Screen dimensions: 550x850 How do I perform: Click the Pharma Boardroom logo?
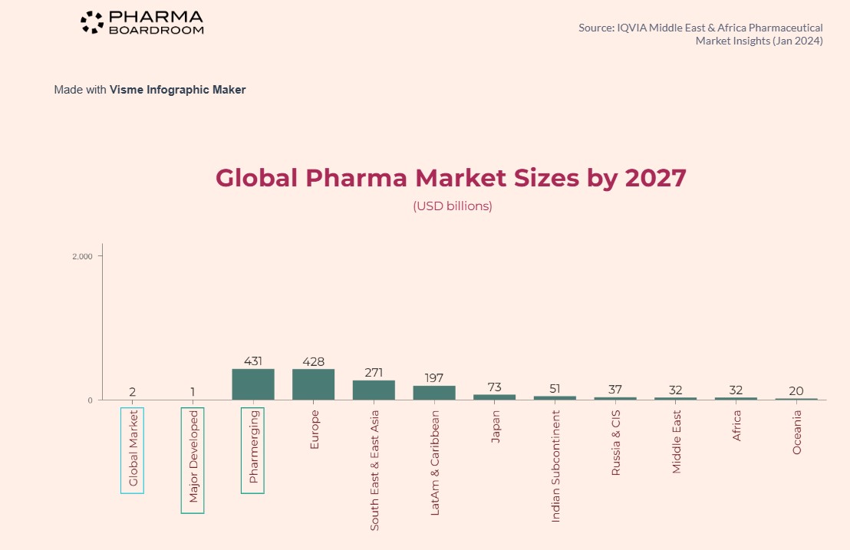[142, 22]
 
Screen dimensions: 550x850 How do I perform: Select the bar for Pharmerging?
[253, 384]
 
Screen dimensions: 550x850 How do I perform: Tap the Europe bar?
[313, 384]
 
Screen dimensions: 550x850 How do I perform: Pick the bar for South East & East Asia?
[374, 390]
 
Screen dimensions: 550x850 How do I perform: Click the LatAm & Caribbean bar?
[434, 393]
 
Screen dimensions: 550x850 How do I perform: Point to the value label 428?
[313, 361]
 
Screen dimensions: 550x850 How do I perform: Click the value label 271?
[374, 372]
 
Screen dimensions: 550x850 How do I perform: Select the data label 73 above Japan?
[494, 387]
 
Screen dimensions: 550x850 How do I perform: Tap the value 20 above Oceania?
[796, 391]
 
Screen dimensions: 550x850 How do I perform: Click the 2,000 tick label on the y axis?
[82, 256]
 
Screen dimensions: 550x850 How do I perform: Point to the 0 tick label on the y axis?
[90, 400]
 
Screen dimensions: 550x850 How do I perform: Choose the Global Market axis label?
[133, 450]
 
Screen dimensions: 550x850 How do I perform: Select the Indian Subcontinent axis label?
[555, 466]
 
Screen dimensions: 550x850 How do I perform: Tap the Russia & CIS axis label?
[615, 443]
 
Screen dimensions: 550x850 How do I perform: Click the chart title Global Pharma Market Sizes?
[450, 178]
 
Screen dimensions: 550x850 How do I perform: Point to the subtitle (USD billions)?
[453, 206]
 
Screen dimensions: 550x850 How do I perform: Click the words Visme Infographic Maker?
[177, 90]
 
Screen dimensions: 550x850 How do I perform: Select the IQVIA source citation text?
[700, 34]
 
